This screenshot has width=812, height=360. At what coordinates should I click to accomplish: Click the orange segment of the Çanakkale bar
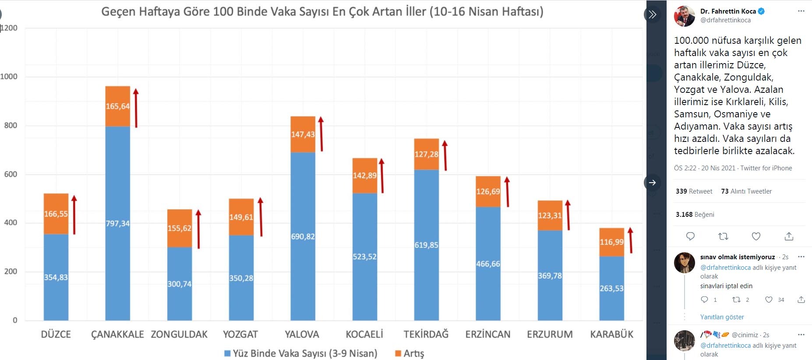pos(117,106)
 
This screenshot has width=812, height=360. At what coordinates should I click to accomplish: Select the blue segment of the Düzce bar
pos(56,277)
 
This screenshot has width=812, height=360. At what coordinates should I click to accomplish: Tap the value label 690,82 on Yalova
pos(303,236)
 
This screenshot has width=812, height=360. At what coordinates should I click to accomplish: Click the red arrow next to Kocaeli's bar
pos(381,176)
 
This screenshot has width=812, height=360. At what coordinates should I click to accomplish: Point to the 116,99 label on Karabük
pos(611,242)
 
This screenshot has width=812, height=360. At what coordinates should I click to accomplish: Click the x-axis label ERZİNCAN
pos(487,335)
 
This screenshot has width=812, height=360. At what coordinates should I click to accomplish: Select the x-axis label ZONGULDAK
pos(179,335)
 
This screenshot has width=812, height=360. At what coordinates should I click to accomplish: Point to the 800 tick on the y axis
pos(11,126)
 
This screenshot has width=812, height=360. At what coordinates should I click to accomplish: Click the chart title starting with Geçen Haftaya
pos(322,12)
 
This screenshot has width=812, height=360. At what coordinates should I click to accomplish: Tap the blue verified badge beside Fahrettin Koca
pos(761,11)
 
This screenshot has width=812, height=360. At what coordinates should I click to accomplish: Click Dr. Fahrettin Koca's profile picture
pos(684,16)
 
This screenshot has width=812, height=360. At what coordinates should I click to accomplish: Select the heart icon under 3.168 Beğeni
pos(756,236)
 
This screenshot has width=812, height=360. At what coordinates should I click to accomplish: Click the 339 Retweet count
pos(694,191)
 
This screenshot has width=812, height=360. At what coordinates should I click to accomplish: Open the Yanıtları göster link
pos(722,317)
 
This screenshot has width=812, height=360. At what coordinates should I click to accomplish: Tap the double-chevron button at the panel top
pos(653,14)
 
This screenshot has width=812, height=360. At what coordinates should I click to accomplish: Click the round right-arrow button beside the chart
pos(653,183)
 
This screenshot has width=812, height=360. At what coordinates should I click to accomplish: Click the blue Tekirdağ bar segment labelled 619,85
pos(426,245)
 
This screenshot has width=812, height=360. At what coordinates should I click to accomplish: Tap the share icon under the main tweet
pos(789,236)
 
